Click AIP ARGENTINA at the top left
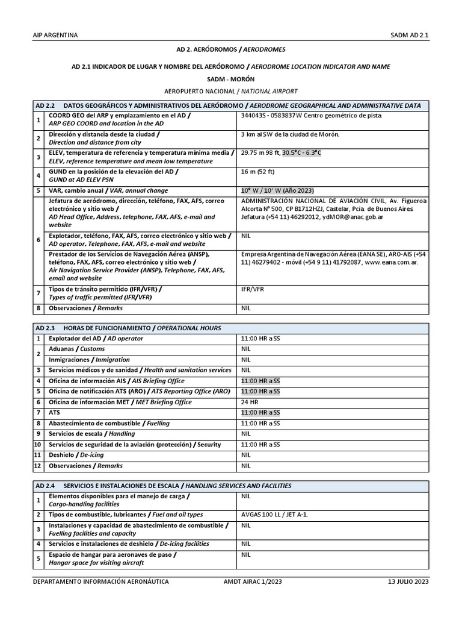click(55, 35)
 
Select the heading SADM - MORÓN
click(231, 79)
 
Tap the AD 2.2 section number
click(45, 105)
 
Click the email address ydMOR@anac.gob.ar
click(348, 217)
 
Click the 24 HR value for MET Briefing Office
click(250, 402)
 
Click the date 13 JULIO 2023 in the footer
click(408, 581)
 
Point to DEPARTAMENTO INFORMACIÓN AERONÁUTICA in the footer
click(100, 581)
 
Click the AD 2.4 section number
click(45, 486)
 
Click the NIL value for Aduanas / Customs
click(246, 349)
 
